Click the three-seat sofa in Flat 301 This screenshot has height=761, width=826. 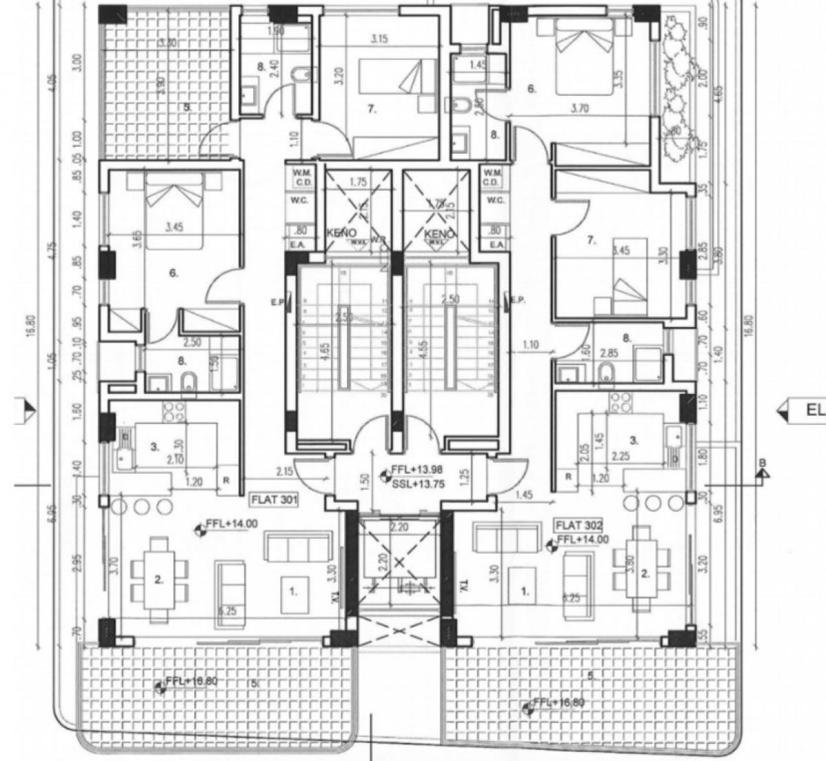[x=299, y=548]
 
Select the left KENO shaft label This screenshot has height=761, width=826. [x=342, y=234]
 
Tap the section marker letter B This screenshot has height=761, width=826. [x=762, y=462]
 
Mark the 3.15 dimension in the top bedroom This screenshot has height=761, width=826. [x=379, y=39]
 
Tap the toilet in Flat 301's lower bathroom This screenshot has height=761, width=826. [x=187, y=383]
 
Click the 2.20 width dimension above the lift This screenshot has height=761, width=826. [x=399, y=526]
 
